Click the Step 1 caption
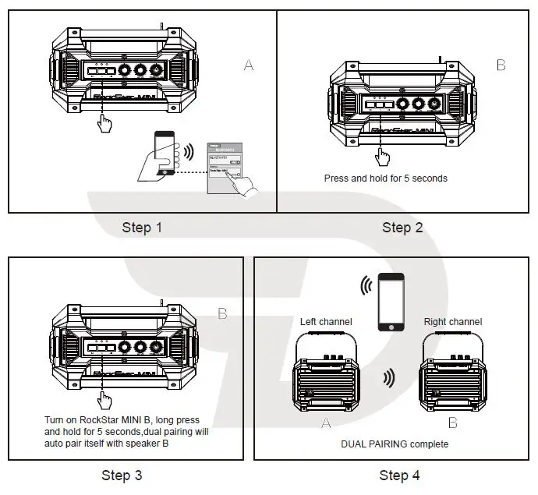143,228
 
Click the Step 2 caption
402,228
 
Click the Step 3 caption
122,475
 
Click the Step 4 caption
399,475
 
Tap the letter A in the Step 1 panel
249,65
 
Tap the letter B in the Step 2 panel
501,65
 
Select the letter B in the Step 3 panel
222,313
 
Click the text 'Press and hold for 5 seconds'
385,179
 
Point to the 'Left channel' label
326,322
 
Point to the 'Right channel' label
452,322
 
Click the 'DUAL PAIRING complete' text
395,444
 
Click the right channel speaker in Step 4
450,376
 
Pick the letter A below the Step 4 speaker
326,423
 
